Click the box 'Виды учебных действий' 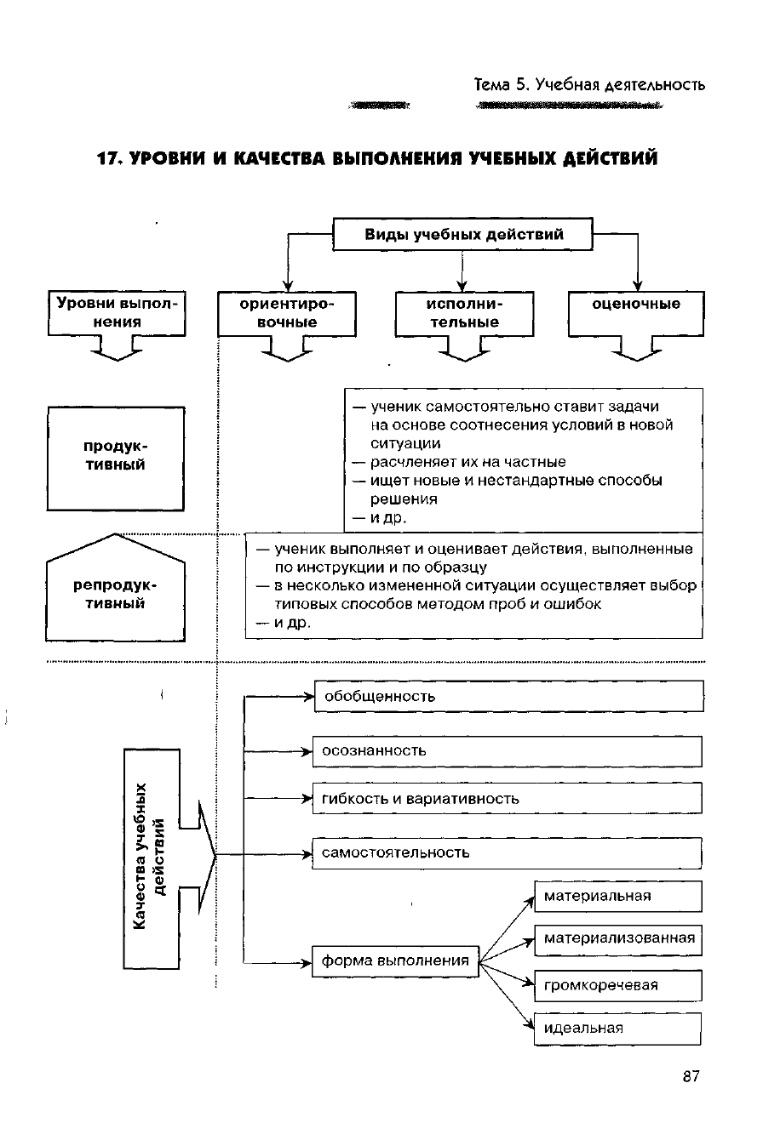[x=462, y=235]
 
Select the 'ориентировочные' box [x=287, y=313]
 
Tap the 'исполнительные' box [x=464, y=313]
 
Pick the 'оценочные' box [x=636, y=312]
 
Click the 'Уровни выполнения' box [x=117, y=313]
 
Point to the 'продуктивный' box [x=115, y=457]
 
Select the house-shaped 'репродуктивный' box [x=115, y=596]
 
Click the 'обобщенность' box [x=508, y=696]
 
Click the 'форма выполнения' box [x=395, y=961]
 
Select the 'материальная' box [x=617, y=897]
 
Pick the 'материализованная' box [x=617, y=940]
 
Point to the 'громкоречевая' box [x=617, y=986]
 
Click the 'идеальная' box [x=617, y=1029]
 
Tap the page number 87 [x=691, y=1077]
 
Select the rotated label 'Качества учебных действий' [x=150, y=858]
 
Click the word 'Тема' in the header [x=492, y=85]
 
